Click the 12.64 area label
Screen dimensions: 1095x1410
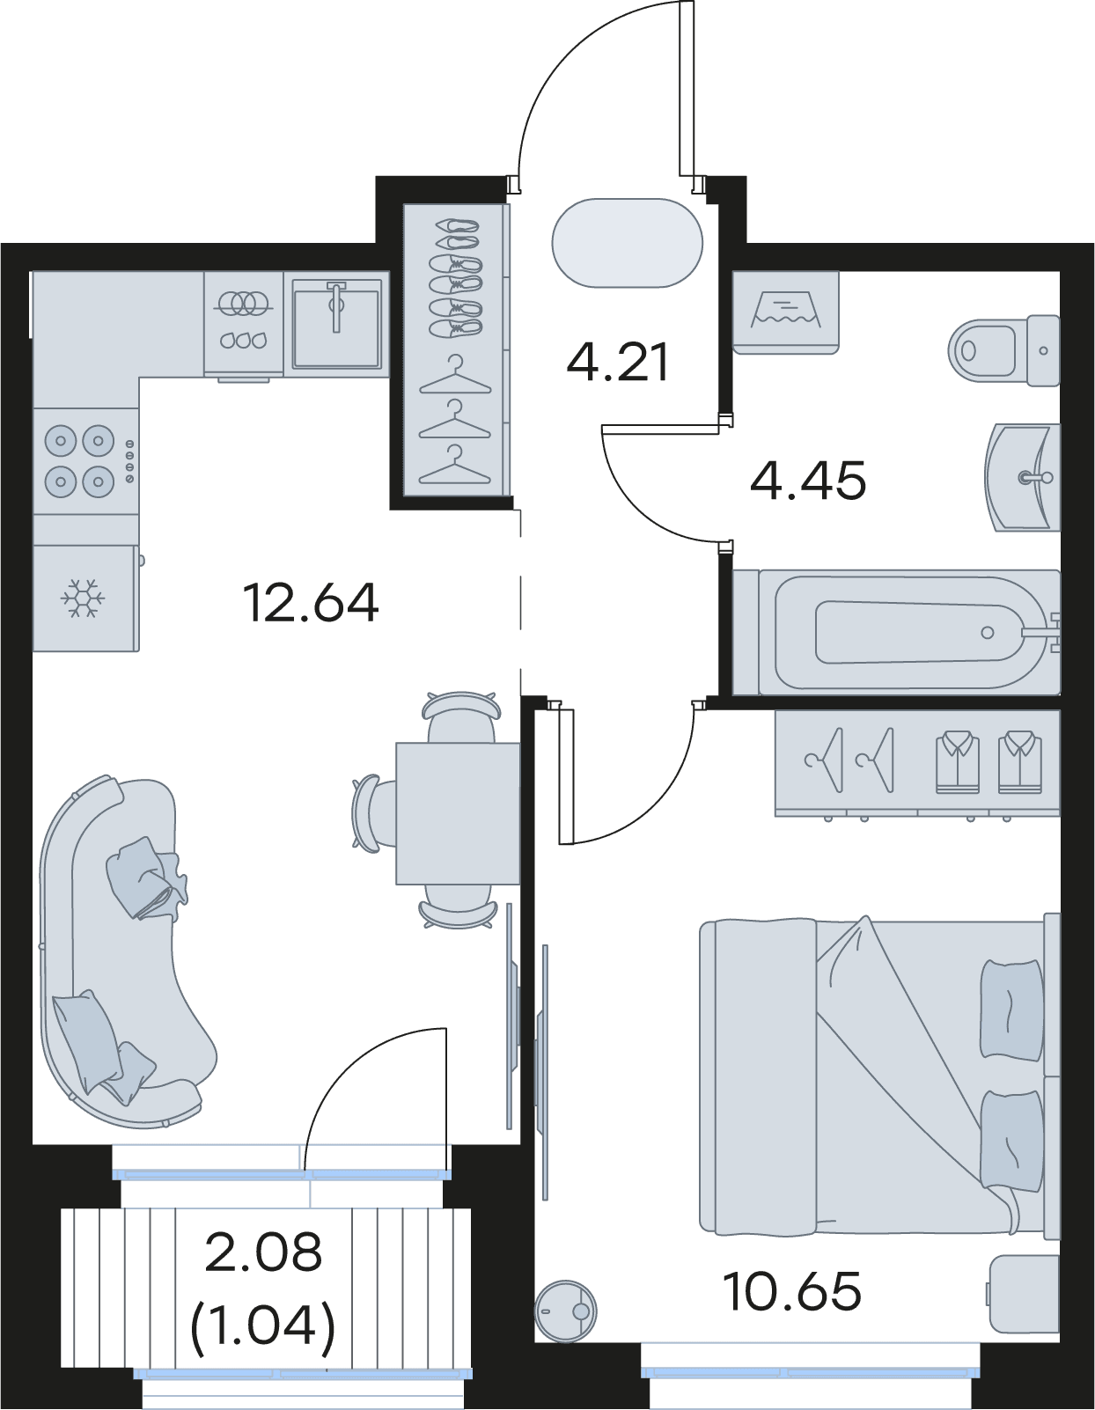311,603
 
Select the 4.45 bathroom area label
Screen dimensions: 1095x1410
808,481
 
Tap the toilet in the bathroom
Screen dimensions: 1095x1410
1003,350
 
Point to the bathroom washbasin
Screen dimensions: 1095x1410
1022,478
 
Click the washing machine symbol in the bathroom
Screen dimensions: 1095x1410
785,312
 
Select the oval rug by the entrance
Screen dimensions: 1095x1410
627,243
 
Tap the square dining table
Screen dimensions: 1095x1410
458,813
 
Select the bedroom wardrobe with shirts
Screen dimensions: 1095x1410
917,764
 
